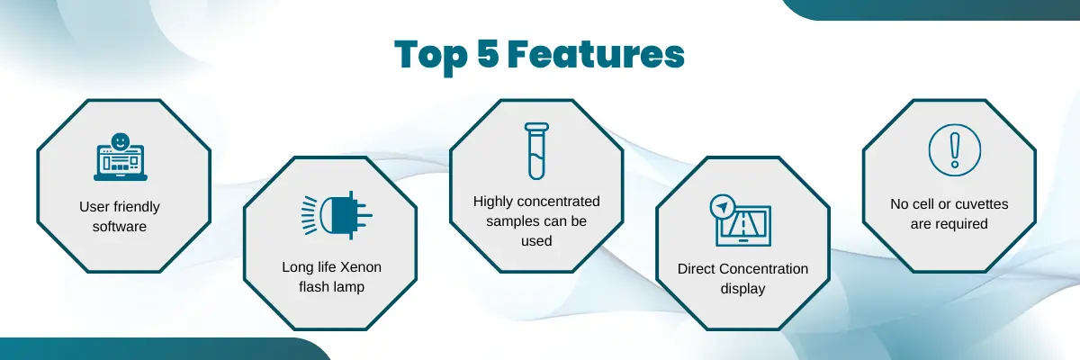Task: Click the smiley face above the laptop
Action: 121,141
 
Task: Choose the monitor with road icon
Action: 742,220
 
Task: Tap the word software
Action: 120,226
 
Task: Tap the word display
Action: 742,288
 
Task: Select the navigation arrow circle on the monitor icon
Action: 722,206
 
